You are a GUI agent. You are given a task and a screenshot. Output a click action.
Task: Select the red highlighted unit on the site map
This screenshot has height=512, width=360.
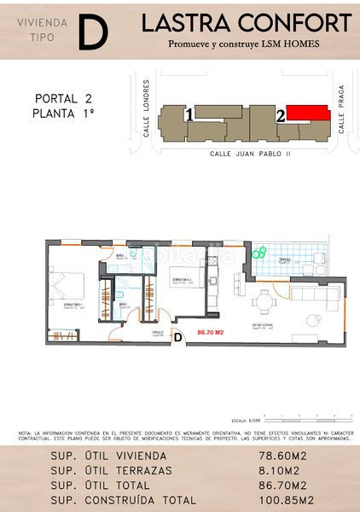(x=306, y=113)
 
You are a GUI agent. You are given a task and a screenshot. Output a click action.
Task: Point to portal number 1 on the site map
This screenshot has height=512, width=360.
(x=189, y=113)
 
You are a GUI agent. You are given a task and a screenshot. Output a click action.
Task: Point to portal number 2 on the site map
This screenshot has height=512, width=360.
(x=280, y=114)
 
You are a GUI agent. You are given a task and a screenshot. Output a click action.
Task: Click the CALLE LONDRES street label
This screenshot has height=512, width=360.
(x=147, y=108)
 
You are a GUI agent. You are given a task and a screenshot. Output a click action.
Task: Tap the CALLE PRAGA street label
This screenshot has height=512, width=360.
(x=340, y=113)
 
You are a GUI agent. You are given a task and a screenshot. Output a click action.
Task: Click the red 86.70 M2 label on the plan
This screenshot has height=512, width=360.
(x=209, y=332)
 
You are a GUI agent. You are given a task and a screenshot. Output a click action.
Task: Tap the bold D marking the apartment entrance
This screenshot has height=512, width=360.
(x=177, y=337)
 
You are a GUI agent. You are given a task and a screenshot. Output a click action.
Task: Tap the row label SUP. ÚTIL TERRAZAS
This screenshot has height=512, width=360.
(x=112, y=471)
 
